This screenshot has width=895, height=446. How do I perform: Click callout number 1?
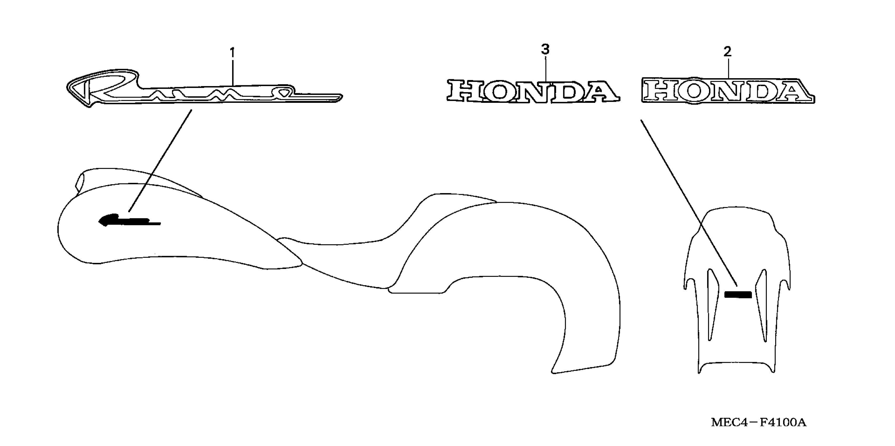(232, 53)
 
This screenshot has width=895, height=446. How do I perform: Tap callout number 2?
(727, 52)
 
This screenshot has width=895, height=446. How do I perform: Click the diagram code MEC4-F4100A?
(758, 423)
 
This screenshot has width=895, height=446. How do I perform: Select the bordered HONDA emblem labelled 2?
(728, 91)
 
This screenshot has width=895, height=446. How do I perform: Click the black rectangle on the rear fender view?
(738, 295)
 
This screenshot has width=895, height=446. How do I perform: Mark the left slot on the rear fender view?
(711, 302)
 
